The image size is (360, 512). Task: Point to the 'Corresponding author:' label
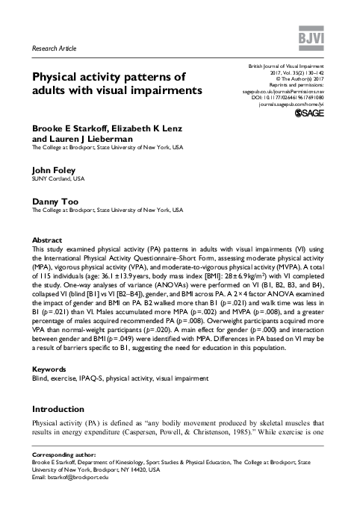pyautogui.click(x=63, y=475)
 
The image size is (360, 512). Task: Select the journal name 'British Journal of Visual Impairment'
pyautogui.click(x=297, y=67)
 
